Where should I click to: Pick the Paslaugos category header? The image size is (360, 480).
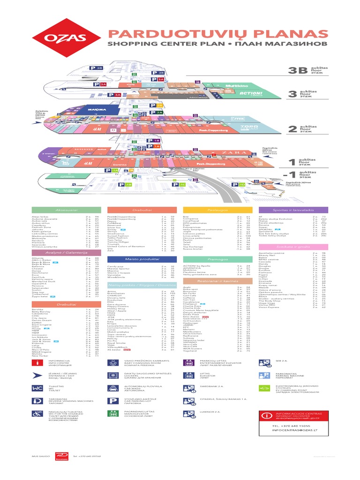point(217,210)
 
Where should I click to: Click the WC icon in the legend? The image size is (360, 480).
point(37,388)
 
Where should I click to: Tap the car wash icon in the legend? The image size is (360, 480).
point(114,388)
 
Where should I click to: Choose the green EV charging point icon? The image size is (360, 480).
point(266,389)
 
